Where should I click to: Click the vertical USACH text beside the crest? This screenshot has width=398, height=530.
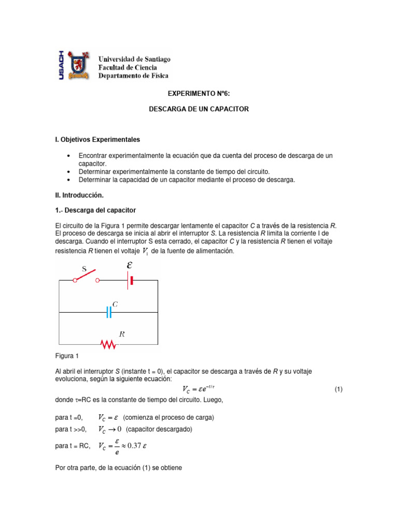click(x=61, y=65)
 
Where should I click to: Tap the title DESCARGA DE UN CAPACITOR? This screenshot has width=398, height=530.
click(x=199, y=109)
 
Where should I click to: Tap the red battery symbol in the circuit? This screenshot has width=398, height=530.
click(x=132, y=281)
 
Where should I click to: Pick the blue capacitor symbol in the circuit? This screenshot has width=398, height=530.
click(x=109, y=312)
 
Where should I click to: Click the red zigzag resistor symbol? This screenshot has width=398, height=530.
click(x=108, y=344)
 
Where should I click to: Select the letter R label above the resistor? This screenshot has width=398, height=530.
click(x=122, y=334)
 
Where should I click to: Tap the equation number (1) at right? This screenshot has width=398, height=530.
click(x=338, y=389)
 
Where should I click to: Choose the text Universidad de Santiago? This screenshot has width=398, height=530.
click(x=134, y=60)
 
